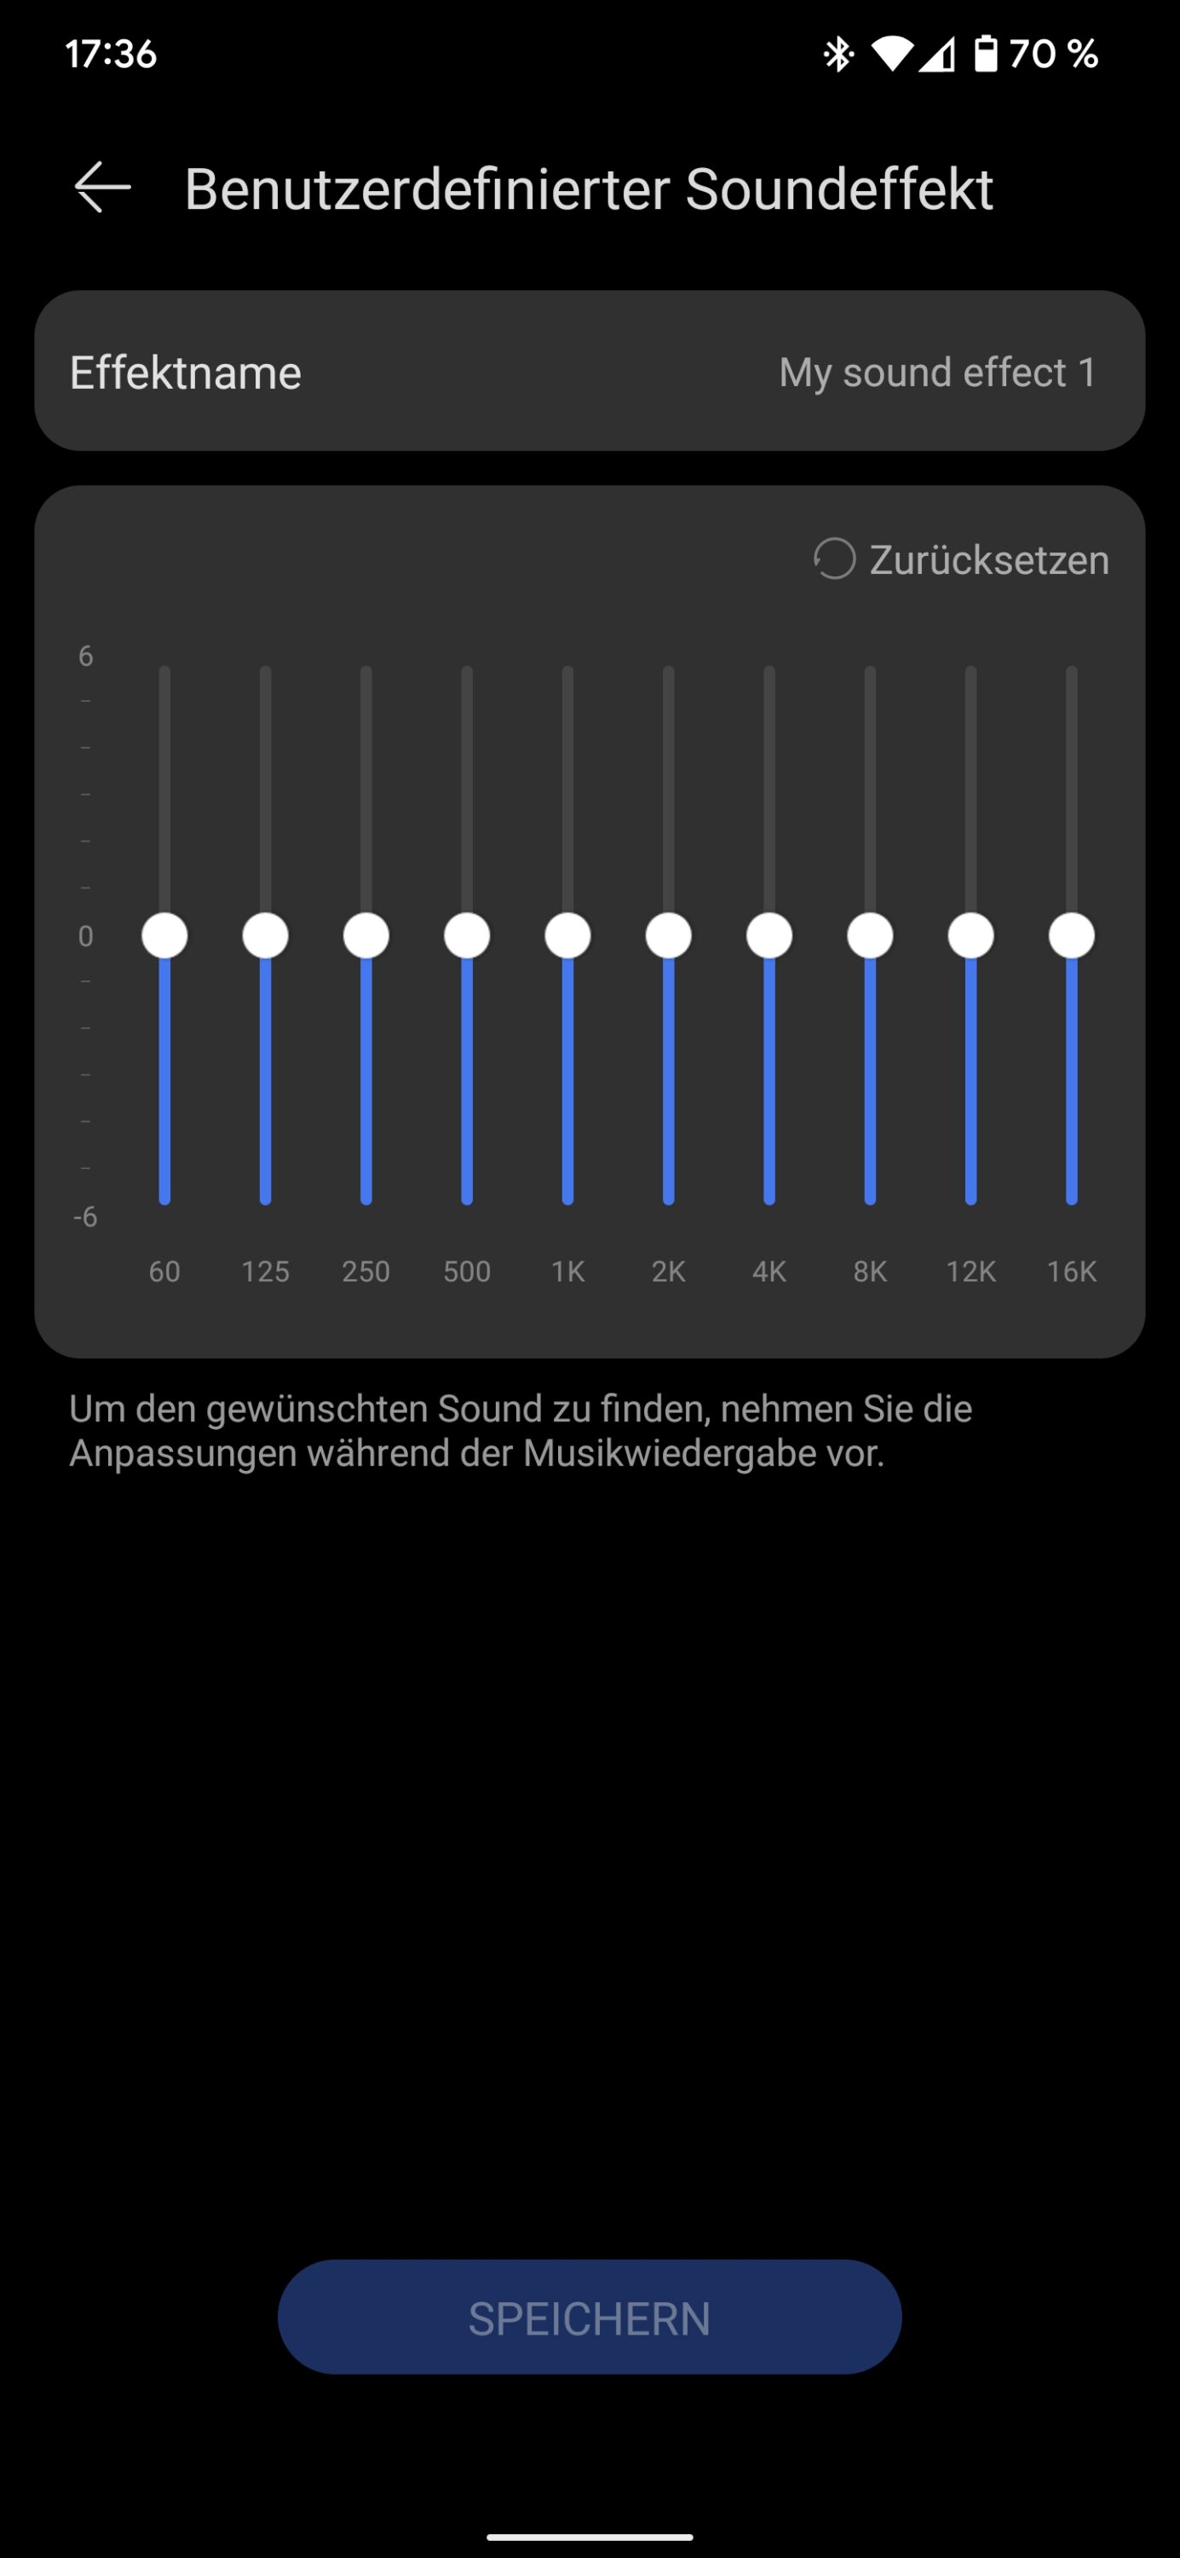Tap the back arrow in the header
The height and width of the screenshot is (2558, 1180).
point(102,187)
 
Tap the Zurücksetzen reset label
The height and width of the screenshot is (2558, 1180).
point(988,559)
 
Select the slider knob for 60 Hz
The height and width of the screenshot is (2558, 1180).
point(164,935)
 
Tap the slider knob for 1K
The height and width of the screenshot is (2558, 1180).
point(567,935)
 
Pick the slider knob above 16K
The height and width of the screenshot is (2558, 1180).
point(1071,935)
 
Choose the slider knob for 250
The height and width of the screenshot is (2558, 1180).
point(366,935)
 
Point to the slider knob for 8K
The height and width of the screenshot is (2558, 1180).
point(871,935)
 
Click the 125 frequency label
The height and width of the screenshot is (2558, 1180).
point(265,1271)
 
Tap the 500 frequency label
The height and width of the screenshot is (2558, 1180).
point(466,1271)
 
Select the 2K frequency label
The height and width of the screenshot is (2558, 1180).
point(668,1271)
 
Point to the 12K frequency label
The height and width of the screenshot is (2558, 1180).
point(970,1271)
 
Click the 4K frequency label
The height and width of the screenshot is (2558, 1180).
point(769,1271)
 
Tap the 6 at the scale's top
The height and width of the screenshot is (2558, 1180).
point(85,656)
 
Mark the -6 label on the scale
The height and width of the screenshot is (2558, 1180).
point(85,1217)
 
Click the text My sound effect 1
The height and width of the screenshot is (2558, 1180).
point(938,373)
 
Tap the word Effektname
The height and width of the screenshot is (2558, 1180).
point(186,373)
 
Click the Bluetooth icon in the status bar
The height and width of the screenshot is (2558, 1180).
point(838,54)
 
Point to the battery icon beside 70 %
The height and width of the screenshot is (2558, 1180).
point(985,54)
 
